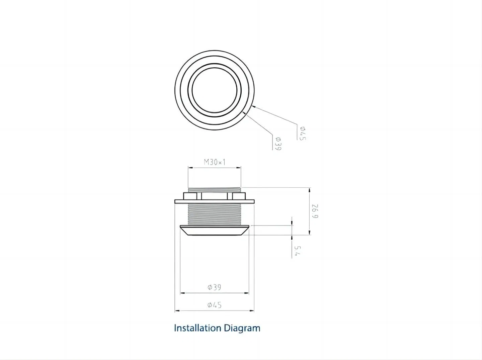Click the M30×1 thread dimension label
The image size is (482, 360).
pos(215,162)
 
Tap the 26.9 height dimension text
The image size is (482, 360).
pos(315,211)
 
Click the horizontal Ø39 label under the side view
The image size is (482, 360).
pos(214,287)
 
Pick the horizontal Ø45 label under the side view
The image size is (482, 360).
pos(214,305)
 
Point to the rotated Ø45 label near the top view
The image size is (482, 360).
pos(303,133)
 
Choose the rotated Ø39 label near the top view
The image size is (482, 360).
pos(278,144)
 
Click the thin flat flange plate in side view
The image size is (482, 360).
pos(215,201)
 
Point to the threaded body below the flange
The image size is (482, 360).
pos(215,214)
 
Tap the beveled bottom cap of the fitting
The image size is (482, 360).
pos(215,231)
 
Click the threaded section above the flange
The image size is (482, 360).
pos(215,190)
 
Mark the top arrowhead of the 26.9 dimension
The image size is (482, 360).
pos(309,190)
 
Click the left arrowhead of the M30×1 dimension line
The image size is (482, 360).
pos(190,168)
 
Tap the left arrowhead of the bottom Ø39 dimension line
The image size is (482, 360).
pos(182,293)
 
